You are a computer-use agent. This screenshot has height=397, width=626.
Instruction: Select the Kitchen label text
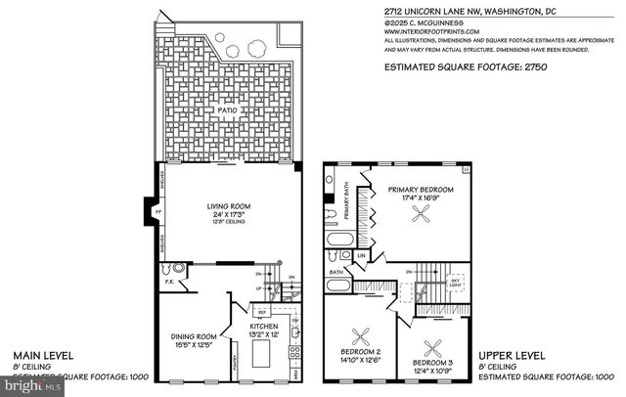(268, 326)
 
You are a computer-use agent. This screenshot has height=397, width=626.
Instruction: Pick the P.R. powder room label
(169, 284)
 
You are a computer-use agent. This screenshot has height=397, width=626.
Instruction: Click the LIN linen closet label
(361, 256)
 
